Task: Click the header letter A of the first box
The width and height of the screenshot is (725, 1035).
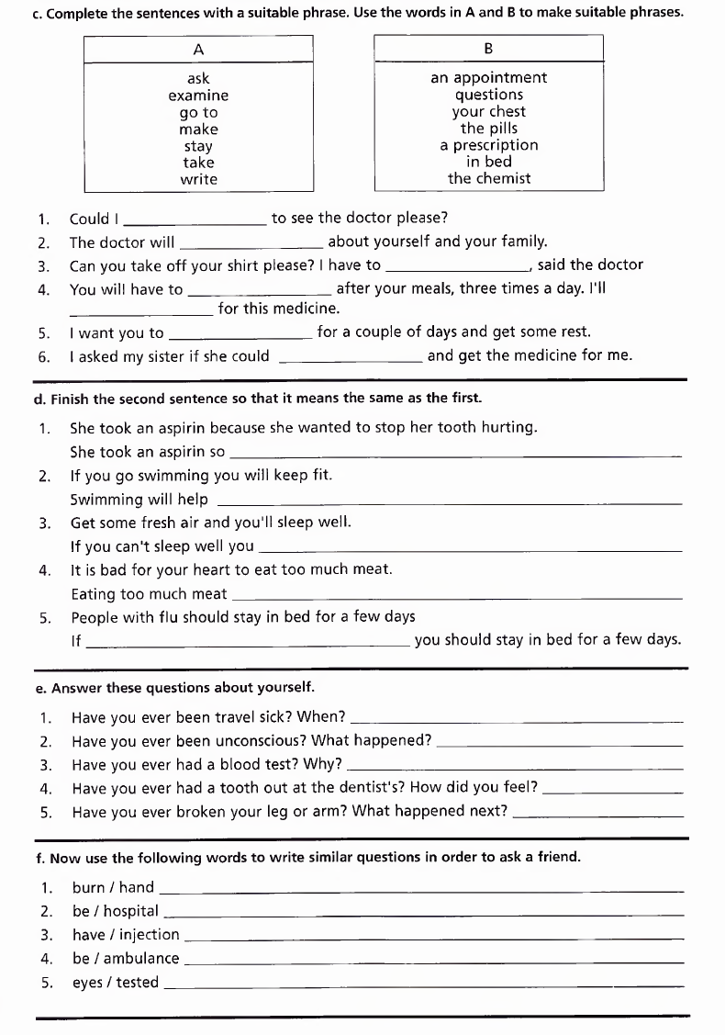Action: (x=198, y=49)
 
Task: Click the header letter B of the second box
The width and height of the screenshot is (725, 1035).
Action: (x=488, y=49)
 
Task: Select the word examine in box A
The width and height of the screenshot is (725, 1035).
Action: (x=198, y=96)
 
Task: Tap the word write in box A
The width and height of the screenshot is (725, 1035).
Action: (x=198, y=179)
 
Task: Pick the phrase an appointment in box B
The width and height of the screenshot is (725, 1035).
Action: (x=488, y=78)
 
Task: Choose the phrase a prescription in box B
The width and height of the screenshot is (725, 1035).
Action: (x=488, y=145)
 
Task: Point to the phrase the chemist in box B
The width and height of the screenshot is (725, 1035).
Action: (x=488, y=179)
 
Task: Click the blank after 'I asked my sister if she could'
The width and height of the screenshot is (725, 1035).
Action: (x=350, y=358)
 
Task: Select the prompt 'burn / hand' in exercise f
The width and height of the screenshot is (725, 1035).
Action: (x=113, y=887)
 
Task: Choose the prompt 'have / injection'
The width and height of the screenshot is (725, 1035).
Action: (x=126, y=935)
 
